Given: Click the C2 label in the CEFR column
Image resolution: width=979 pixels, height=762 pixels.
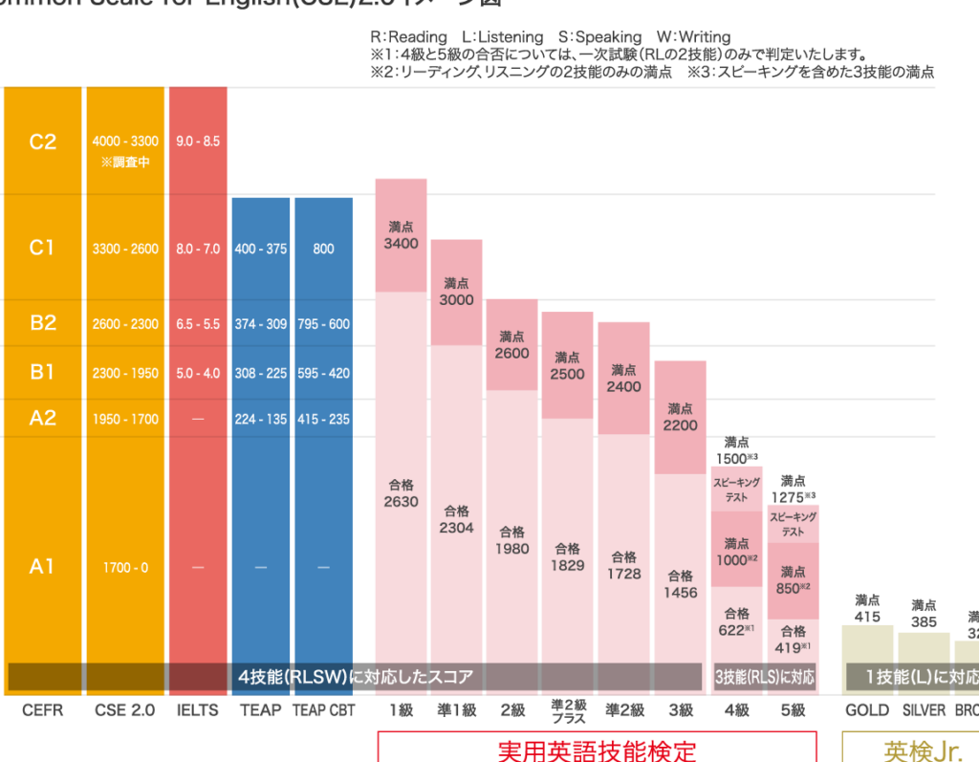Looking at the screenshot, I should click(43, 142).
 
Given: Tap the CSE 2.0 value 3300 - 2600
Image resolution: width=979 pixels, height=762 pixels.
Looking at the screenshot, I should click(125, 249).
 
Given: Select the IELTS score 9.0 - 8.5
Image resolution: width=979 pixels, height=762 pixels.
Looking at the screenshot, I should click(198, 142).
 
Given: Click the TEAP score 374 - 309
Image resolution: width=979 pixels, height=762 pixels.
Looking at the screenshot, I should click(260, 324).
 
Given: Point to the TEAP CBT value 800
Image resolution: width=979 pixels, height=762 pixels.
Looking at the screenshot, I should click(323, 249).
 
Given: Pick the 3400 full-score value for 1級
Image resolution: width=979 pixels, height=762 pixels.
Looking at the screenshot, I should click(401, 244).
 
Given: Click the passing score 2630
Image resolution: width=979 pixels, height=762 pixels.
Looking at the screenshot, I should click(401, 502).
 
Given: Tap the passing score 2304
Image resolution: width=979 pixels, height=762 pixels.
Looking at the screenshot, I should click(456, 527).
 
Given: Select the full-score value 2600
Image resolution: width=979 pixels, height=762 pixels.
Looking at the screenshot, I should click(511, 353).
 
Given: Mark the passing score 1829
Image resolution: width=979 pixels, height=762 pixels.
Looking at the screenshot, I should click(567, 566).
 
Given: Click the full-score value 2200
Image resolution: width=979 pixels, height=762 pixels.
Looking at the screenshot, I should click(680, 425).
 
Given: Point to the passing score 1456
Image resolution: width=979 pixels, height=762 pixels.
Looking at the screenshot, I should click(680, 593).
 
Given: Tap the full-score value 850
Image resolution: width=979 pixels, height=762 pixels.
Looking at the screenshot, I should click(790, 588).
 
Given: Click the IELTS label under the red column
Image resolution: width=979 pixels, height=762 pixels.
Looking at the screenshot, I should click(198, 710).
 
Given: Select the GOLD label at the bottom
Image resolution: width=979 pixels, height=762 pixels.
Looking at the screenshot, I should click(866, 710).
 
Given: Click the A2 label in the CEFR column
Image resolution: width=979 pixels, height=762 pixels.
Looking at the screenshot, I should click(43, 418).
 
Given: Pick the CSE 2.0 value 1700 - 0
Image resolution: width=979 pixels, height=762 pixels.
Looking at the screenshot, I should click(125, 568).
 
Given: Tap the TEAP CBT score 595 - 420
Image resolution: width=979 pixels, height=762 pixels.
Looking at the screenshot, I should click(323, 373).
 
